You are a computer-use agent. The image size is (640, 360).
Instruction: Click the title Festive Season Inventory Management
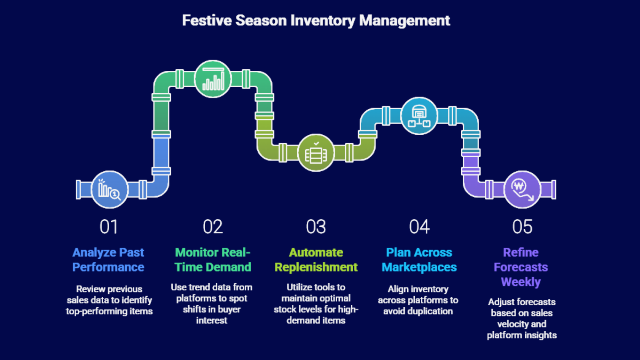point(316,20)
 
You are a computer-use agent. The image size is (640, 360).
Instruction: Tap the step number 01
point(108,227)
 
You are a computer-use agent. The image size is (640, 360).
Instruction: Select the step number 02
point(212,227)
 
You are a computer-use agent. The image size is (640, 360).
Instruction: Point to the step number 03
point(316,227)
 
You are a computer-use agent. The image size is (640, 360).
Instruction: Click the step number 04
point(419,227)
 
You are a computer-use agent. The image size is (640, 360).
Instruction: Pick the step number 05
point(522,227)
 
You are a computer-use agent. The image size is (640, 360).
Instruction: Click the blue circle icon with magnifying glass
point(110,190)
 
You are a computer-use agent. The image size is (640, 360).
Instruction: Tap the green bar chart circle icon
point(213,79)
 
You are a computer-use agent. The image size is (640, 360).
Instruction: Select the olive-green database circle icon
point(316,152)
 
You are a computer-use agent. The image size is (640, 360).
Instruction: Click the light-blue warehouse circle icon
point(419,116)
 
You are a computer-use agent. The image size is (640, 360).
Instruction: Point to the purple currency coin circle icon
point(522,190)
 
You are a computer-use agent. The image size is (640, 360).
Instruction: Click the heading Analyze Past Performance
point(108,260)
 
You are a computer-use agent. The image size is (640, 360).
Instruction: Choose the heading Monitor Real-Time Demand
point(213,260)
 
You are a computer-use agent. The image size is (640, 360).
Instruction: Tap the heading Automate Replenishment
point(316,260)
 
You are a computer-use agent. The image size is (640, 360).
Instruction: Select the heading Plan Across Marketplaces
point(419,260)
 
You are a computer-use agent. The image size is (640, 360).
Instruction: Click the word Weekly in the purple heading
point(521,282)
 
